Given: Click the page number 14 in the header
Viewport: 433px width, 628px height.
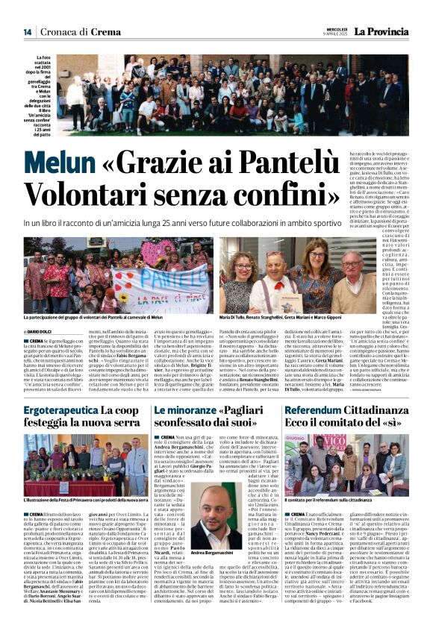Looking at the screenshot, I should point(27,32).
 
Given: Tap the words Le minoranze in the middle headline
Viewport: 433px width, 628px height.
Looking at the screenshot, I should point(178,411).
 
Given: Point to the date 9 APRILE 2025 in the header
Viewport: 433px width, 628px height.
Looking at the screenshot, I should point(334,34).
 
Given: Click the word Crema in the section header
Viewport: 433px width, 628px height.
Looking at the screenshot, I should point(105,32).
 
